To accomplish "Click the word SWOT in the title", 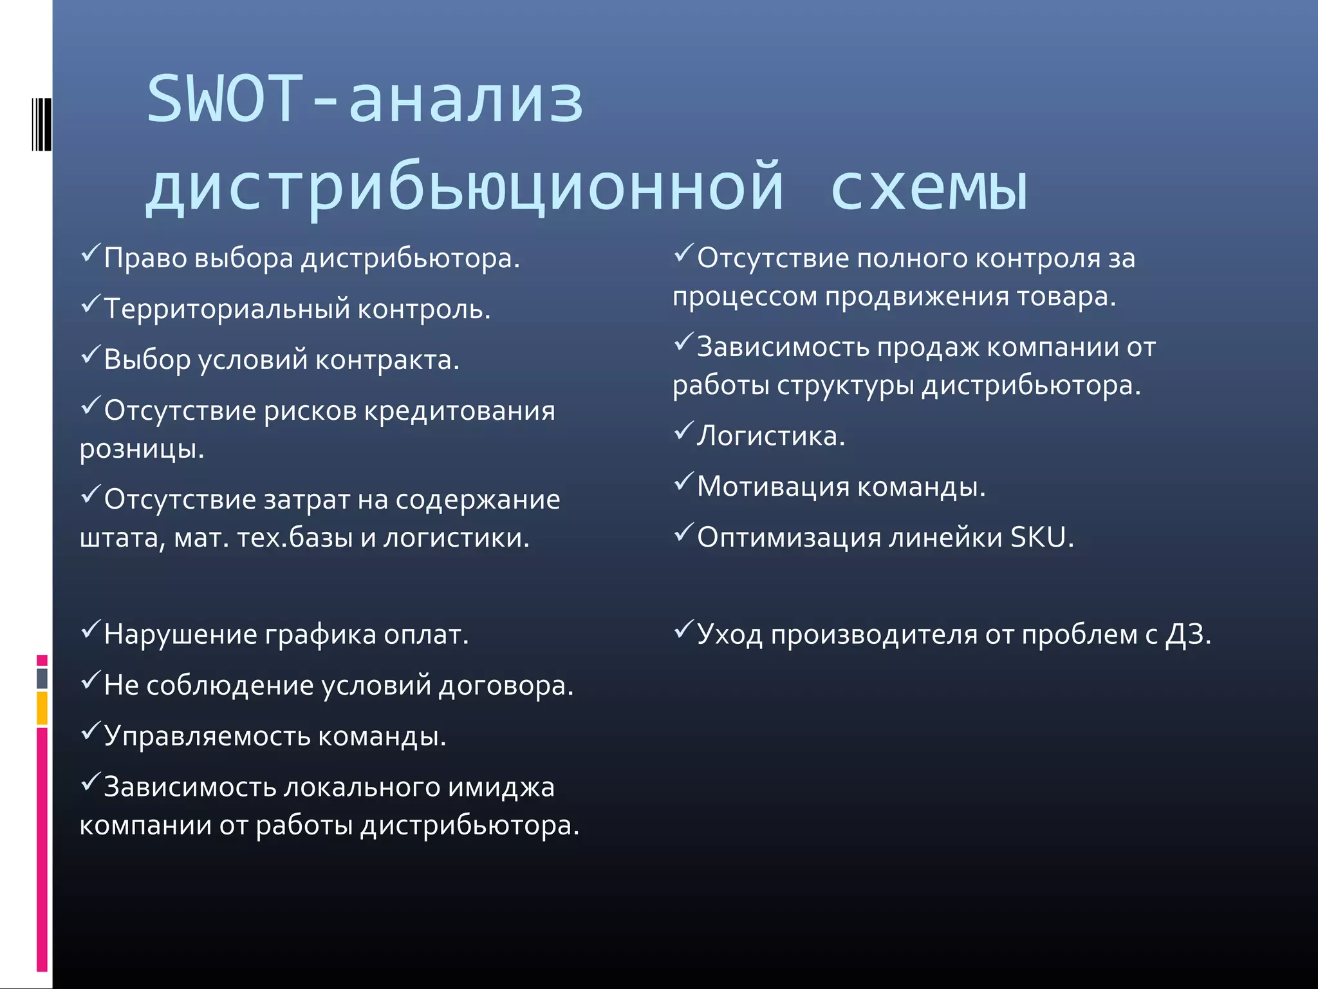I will [225, 100].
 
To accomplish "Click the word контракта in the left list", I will [387, 360].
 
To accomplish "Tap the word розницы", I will [142, 449].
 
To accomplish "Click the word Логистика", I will [770, 437].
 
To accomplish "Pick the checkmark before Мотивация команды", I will [683, 481].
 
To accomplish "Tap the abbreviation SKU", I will [1038, 538].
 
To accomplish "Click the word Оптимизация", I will [788, 538].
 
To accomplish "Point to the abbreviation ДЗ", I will [1188, 635].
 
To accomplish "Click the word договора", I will [505, 685].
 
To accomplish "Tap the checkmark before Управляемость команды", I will [90, 731].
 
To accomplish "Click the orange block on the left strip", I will [42, 708].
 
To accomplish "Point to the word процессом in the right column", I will [745, 297].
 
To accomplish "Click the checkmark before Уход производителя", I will [683, 629].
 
